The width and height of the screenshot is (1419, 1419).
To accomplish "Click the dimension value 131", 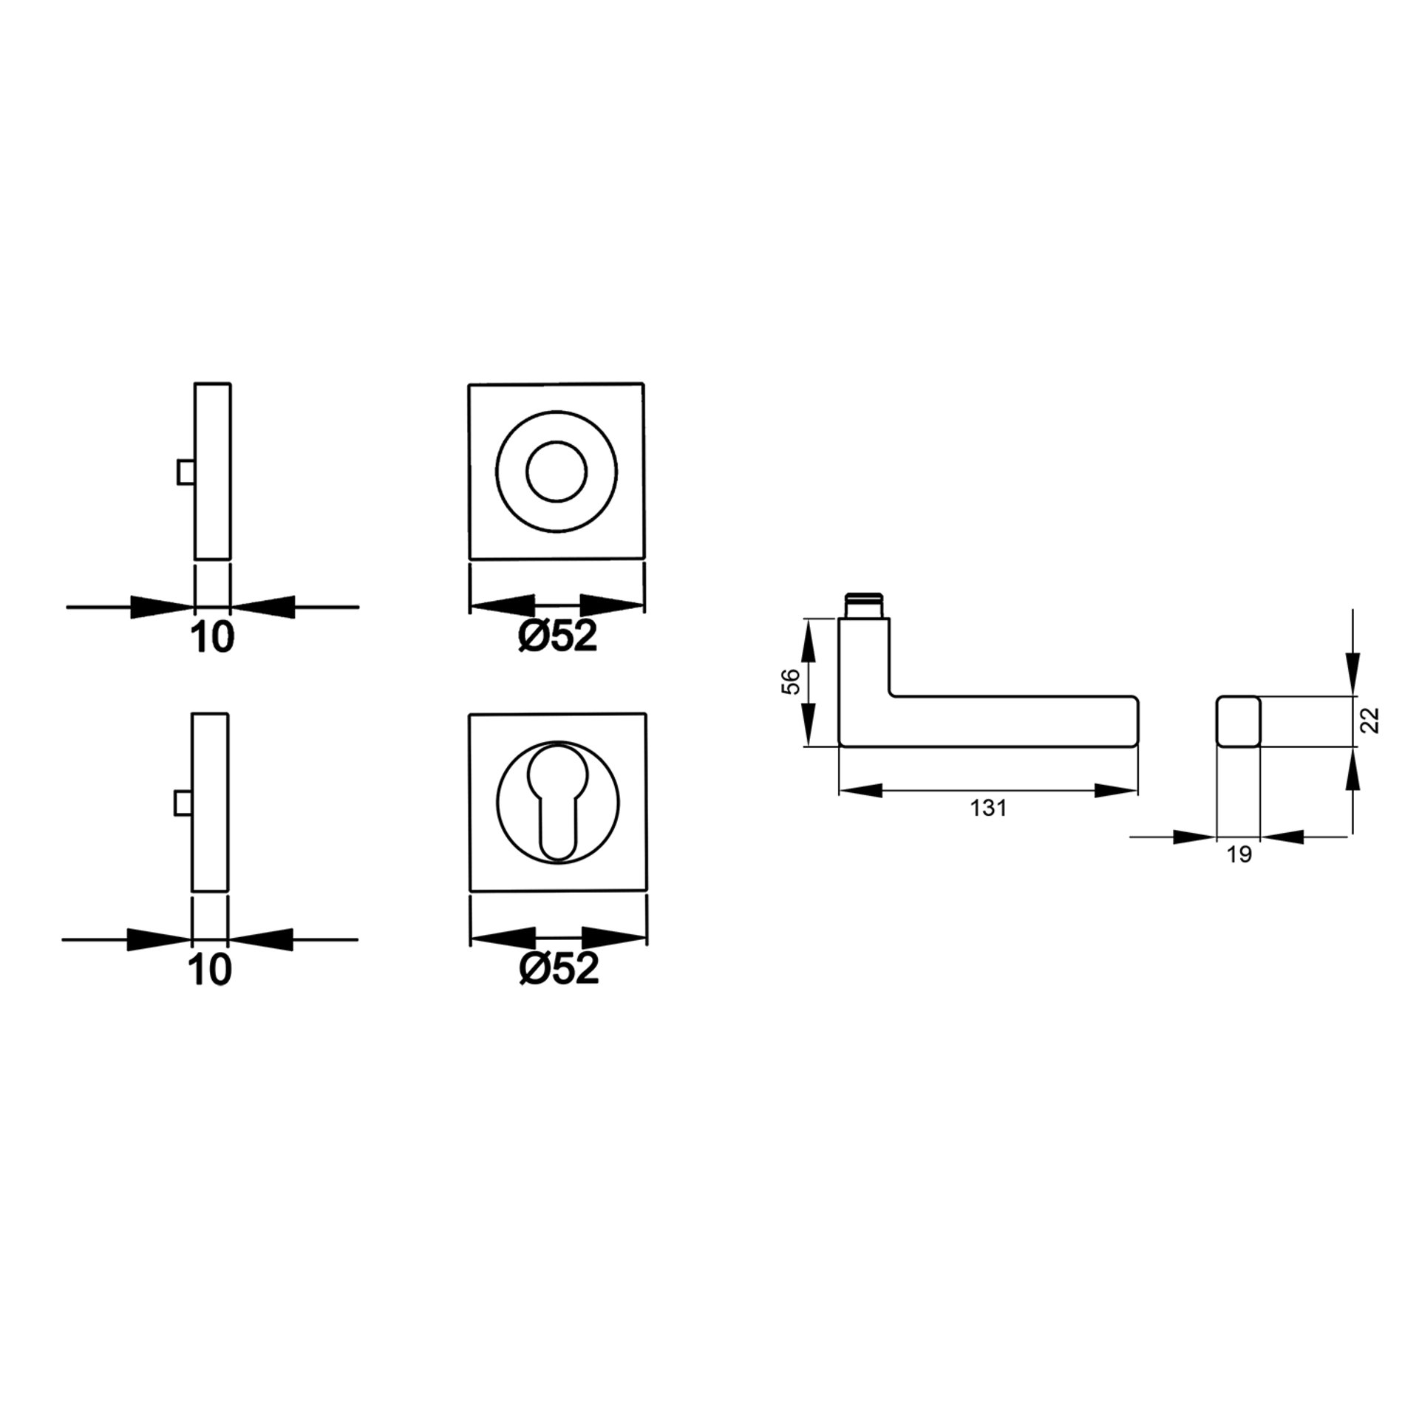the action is point(989,809).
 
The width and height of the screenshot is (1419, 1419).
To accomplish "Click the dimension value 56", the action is point(790,681).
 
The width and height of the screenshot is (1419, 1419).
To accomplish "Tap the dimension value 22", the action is point(1370,720).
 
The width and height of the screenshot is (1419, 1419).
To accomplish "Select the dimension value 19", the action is point(1239,855).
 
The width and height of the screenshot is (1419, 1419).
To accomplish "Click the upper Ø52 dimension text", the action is point(557,636).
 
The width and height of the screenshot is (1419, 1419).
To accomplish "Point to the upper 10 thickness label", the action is point(213,637).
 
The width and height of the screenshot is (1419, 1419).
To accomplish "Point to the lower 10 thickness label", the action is point(211,970).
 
